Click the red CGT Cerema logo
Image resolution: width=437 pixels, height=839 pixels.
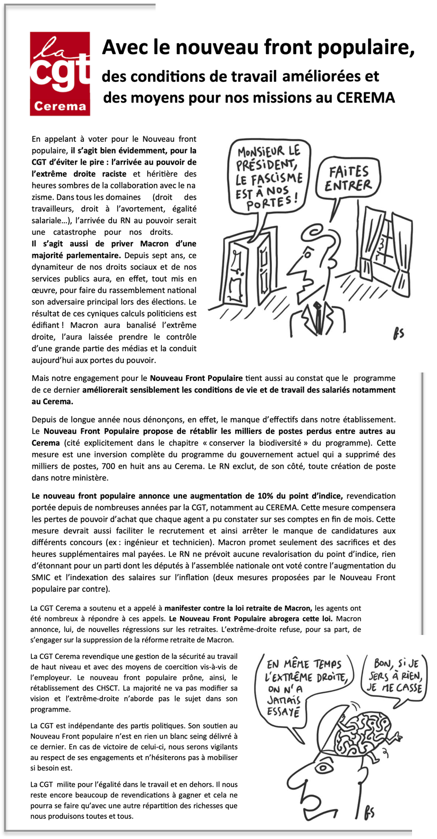(x=59, y=73)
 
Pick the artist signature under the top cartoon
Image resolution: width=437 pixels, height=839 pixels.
(x=398, y=334)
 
